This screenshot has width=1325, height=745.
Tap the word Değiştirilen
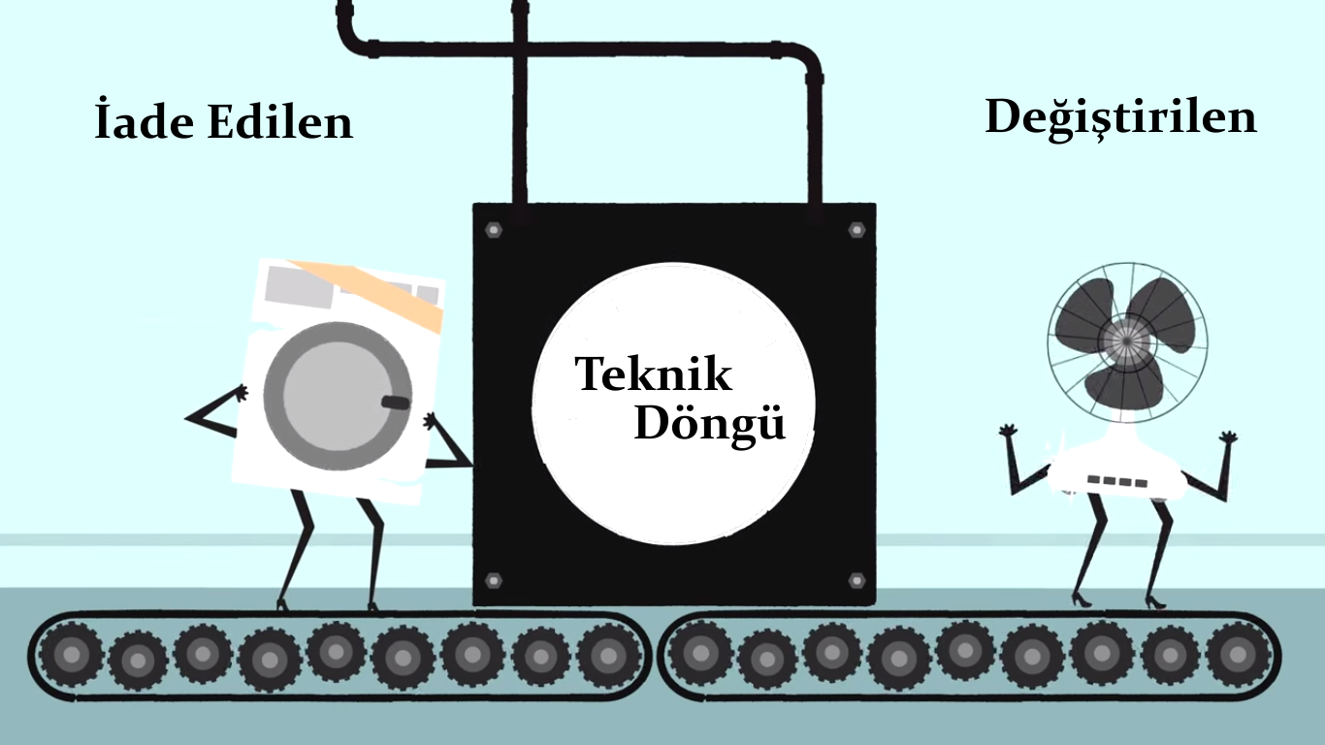[1120, 118]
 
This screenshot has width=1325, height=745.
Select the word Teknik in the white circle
[654, 374]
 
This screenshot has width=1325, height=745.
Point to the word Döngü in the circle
[709, 425]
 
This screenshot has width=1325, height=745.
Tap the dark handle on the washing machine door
[396, 402]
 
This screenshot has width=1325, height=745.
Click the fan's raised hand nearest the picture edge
[1229, 437]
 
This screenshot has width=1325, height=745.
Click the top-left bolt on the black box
[494, 230]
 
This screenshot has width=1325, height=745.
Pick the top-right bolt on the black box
[856, 230]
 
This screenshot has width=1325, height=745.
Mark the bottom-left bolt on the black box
[494, 579]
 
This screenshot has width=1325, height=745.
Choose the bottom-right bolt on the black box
[856, 580]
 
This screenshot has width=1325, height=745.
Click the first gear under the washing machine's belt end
[70, 654]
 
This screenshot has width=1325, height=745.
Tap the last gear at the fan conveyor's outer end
[1238, 653]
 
